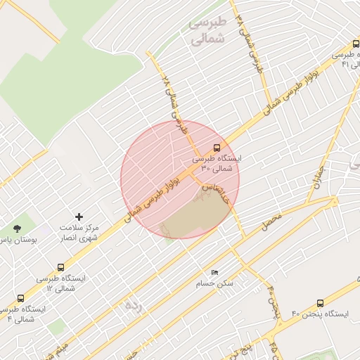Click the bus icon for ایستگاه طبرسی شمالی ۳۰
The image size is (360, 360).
[216, 148]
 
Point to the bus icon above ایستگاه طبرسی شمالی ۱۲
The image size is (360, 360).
[61, 267]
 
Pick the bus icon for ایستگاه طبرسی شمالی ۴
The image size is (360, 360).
[20, 298]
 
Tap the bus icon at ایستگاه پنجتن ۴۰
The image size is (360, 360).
[321, 303]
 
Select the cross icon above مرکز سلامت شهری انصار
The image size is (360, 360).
[78, 217]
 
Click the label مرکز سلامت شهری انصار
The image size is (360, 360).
[79, 233]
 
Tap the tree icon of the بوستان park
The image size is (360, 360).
[17, 229]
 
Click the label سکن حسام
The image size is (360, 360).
[214, 284]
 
